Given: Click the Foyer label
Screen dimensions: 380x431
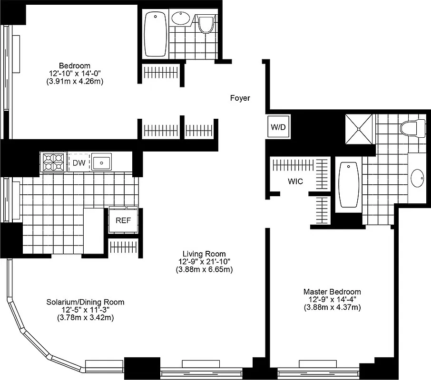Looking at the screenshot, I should pos(240,98).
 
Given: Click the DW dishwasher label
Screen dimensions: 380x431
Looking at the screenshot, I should pos(79,163).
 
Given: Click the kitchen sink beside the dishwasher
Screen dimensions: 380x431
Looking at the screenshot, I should pos(101,163).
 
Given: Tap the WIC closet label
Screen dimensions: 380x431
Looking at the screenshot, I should pos(295,181).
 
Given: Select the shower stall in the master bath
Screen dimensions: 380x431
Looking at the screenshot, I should pos(360,127).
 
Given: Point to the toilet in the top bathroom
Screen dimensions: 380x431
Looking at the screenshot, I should pos(206,24).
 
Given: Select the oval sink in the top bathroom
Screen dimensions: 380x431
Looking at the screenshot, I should pos(180,19).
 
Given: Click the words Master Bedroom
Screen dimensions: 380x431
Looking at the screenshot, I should pos(332,292).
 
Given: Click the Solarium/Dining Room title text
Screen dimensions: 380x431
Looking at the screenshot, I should pos(85,302).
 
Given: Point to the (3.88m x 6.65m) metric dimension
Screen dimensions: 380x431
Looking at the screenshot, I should pos(204,269).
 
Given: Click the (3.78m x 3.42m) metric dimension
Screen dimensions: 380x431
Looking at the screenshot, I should pos(85,317).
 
